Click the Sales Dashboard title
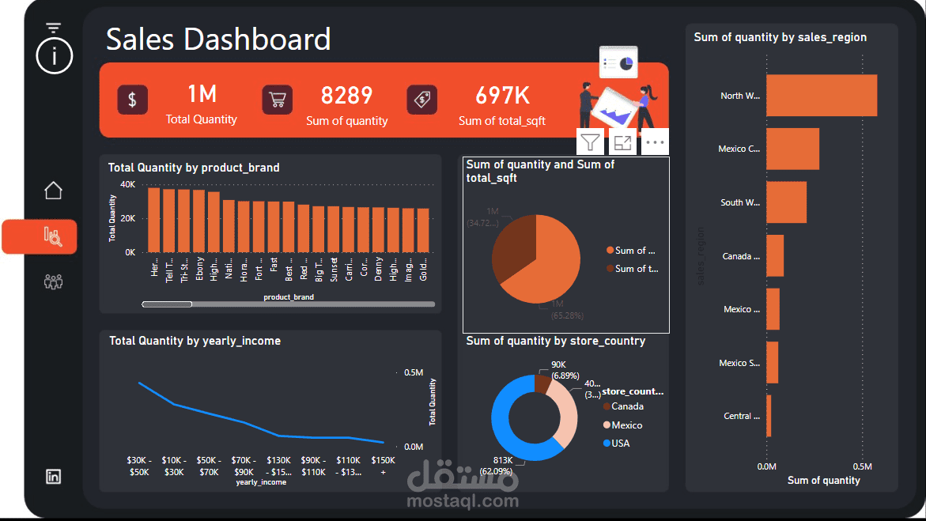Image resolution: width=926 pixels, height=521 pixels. point(218,39)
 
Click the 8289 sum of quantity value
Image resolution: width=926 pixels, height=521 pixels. point(346,96)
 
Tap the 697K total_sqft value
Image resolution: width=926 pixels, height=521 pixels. point(502,96)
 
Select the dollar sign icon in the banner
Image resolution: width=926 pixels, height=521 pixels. point(132,100)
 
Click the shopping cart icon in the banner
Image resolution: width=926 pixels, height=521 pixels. point(278,100)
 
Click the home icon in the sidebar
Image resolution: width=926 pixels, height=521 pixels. point(53,191)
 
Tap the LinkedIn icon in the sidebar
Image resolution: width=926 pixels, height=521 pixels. point(53,476)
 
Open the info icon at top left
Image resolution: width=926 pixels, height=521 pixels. point(54,55)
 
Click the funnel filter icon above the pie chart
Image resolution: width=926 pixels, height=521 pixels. point(590,142)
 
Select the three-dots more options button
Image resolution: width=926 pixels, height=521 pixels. point(654,142)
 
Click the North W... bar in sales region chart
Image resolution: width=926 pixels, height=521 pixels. point(821,96)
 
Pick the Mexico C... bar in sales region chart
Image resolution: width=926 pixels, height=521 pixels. point(792,149)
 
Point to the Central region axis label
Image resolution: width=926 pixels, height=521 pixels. point(741,416)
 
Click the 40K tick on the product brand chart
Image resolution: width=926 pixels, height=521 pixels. point(127,184)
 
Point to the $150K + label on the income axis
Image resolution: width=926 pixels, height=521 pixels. point(383,466)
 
